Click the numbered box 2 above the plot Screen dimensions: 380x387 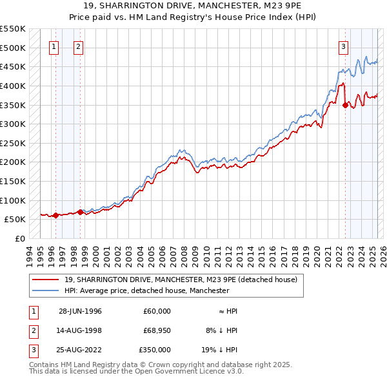point(78,46)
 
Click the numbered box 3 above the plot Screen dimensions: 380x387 point(344,46)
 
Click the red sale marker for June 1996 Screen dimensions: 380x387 point(56,215)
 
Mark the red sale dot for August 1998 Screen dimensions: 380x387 point(79,212)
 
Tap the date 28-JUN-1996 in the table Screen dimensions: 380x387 point(80,311)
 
